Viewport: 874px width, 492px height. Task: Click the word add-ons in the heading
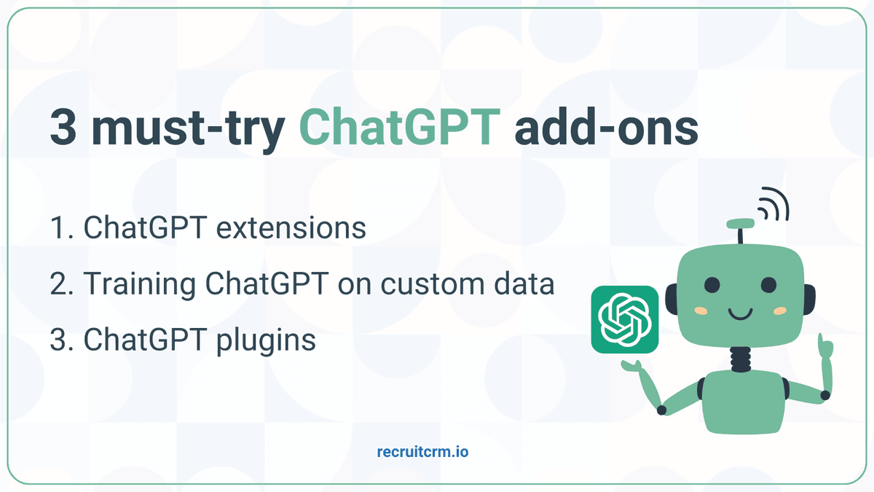click(x=606, y=125)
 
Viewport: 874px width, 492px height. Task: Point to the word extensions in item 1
click(x=291, y=227)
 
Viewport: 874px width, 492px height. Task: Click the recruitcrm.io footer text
click(x=422, y=452)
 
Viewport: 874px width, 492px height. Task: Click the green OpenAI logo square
click(x=625, y=319)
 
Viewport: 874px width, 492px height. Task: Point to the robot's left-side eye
click(x=712, y=285)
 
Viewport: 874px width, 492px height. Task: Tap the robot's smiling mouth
click(x=740, y=314)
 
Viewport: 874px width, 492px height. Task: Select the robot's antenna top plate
click(x=740, y=223)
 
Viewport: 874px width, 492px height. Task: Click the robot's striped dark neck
click(x=741, y=359)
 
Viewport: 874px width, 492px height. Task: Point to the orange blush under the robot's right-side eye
click(x=780, y=311)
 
